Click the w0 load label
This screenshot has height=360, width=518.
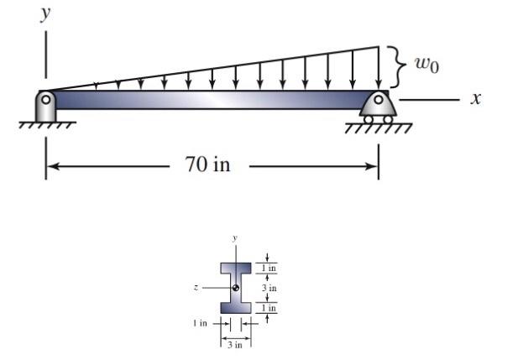click(426, 65)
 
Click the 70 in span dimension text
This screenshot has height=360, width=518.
click(207, 164)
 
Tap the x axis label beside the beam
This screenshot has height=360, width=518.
click(476, 99)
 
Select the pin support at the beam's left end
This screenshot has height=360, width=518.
click(45, 105)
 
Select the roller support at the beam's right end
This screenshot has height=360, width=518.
click(379, 107)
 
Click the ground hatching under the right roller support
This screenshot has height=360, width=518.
click(379, 128)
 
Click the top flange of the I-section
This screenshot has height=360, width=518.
click(236, 269)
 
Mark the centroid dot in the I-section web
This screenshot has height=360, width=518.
click(236, 288)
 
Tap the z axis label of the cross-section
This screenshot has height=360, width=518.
click(195, 288)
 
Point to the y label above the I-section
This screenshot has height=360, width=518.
click(236, 238)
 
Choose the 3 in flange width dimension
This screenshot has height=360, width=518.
click(236, 344)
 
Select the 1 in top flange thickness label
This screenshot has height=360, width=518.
click(270, 268)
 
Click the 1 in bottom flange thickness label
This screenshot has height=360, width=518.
click(270, 308)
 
